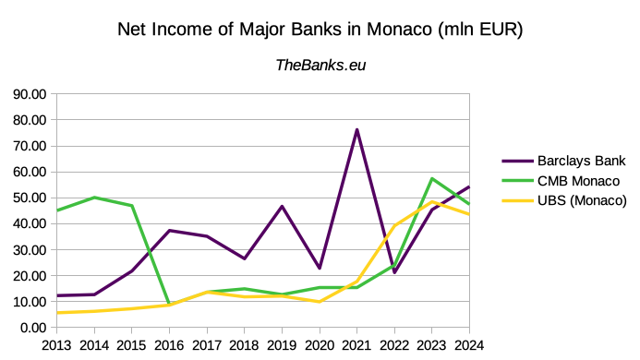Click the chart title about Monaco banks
(x=320, y=30)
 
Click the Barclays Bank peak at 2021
(x=356, y=130)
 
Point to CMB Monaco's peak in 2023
(x=431, y=179)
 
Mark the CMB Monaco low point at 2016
(x=169, y=303)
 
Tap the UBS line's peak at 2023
(x=431, y=202)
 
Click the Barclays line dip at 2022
(x=394, y=272)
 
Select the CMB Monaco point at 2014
(x=94, y=198)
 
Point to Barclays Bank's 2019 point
(x=282, y=207)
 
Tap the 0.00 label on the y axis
(x=31, y=328)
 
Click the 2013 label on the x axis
(x=57, y=345)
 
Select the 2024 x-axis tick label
(x=469, y=345)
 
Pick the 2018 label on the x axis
(x=244, y=345)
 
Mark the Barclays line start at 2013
(x=57, y=295)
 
